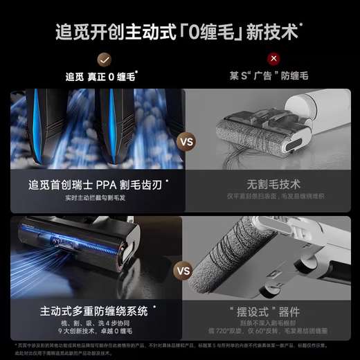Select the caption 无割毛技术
point(272,186)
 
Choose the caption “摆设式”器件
point(272,309)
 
